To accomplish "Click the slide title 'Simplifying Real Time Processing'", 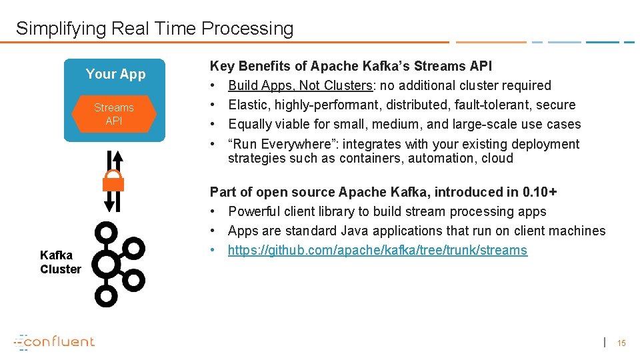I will [154, 29].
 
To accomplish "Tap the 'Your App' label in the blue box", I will [115, 74].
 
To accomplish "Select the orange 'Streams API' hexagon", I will [113, 114].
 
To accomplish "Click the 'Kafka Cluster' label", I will [60, 262].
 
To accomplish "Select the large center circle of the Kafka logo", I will [106, 265].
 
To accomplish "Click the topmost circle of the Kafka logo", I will [106, 233].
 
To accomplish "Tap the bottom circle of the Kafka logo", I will [106, 296].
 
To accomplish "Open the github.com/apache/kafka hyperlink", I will [377, 251].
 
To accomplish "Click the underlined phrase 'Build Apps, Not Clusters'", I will [300, 85].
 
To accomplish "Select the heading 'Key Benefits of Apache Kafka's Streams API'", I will [351, 66].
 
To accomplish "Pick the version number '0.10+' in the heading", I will [540, 192].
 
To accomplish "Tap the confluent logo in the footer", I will [55, 341].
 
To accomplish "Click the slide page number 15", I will [621, 343].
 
